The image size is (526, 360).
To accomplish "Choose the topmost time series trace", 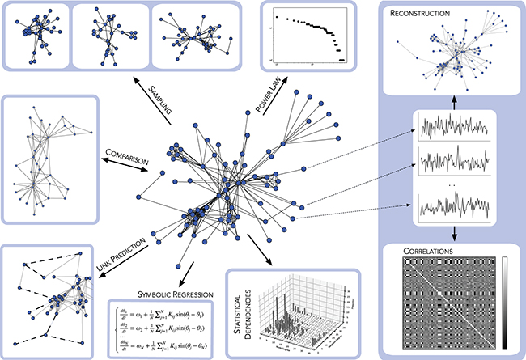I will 452,128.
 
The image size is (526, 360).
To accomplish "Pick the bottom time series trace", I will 452,205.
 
